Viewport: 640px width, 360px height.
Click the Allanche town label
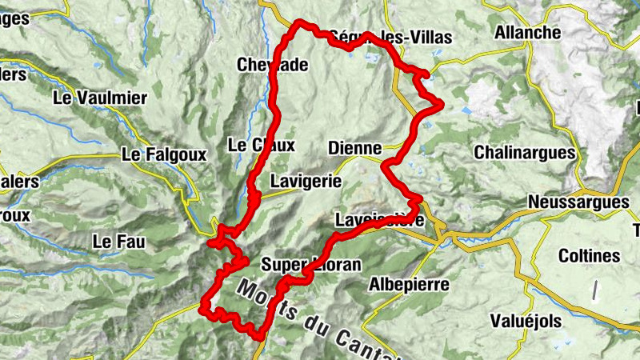coord(528,33)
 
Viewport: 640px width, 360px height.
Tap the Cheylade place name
coord(273,65)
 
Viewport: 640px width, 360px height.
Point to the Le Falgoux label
coord(163,154)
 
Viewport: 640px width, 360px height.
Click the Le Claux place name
coord(261,146)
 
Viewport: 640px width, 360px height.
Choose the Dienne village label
coord(355,148)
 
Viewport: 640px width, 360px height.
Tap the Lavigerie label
coord(306,181)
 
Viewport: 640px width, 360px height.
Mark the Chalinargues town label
coord(525,152)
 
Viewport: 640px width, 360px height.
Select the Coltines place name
coord(590,256)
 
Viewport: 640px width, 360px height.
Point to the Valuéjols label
coord(527,319)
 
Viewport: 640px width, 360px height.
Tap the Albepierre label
coord(409,285)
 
